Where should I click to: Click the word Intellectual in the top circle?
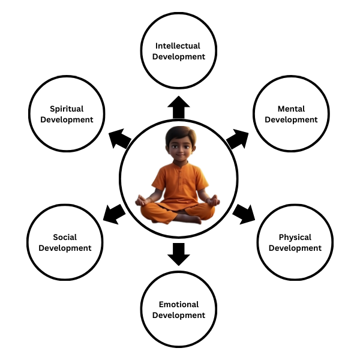(178, 46)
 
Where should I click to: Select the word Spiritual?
(67, 109)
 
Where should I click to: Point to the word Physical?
(295, 237)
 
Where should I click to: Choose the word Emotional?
(178, 304)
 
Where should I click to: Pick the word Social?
(65, 237)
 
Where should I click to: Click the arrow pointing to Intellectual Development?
(178, 107)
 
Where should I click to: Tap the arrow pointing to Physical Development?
(243, 212)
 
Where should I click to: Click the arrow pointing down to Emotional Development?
(178, 254)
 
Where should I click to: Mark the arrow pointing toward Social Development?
(114, 212)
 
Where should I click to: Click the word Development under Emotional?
(178, 315)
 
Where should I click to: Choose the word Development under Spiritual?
(67, 119)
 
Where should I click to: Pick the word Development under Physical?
(295, 248)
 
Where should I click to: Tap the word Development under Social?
(65, 248)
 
